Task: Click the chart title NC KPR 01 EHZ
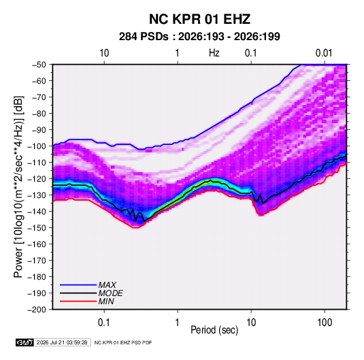(x=199, y=19)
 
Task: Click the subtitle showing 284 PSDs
(x=199, y=37)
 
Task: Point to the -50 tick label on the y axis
(x=39, y=65)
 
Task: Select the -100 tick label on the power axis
(x=37, y=146)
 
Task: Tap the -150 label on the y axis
(x=37, y=227)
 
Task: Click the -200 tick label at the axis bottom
(x=37, y=310)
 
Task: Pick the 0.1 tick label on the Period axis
(x=104, y=323)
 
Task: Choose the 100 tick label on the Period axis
(x=325, y=323)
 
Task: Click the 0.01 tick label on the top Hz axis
(x=324, y=53)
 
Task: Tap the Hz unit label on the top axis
(x=214, y=53)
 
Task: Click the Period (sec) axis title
(x=214, y=330)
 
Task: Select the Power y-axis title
(x=18, y=187)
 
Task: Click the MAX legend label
(x=107, y=285)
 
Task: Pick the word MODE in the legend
(x=110, y=293)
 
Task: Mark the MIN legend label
(x=106, y=301)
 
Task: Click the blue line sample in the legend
(x=78, y=285)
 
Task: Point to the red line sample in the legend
(x=78, y=301)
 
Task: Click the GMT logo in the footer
(x=25, y=342)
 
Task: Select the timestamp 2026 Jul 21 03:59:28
(x=62, y=342)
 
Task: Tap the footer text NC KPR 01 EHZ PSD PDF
(x=123, y=342)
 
